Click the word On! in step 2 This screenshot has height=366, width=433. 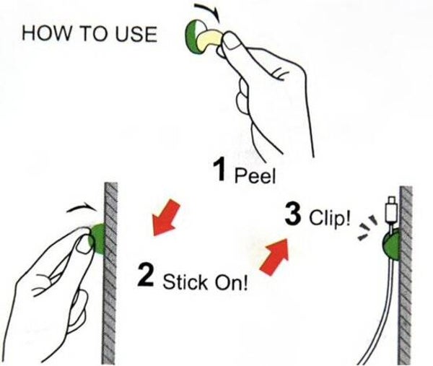(231, 282)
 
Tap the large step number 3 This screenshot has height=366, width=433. (293, 214)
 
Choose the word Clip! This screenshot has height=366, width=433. (330, 218)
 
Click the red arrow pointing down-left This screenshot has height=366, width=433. (166, 218)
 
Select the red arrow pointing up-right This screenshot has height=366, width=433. (275, 257)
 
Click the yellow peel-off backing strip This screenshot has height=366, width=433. (209, 40)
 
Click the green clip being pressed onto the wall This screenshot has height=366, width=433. (97, 239)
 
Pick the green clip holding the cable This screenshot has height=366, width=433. (391, 245)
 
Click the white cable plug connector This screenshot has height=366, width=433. (391, 209)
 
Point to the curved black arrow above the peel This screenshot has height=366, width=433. (208, 12)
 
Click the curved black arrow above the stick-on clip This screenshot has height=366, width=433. (82, 209)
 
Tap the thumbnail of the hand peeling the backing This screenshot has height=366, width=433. (232, 41)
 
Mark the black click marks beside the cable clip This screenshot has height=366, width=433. (367, 227)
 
